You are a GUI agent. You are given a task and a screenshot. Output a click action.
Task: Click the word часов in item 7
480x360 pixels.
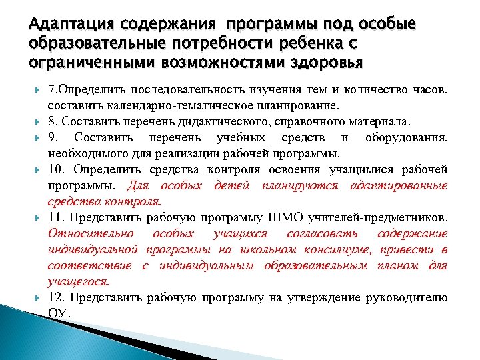pos(429,90)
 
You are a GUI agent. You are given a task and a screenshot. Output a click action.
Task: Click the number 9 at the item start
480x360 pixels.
pos(52,138)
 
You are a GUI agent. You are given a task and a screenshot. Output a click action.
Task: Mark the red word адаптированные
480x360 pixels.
pos(399,185)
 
